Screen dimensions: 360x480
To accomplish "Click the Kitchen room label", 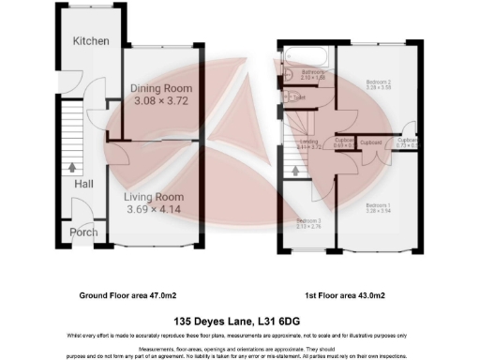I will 91,41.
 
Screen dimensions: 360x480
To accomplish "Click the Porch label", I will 83,232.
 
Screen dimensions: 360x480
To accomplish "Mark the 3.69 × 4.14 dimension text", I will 157,210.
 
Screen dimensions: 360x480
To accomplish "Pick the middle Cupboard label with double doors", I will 371,142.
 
